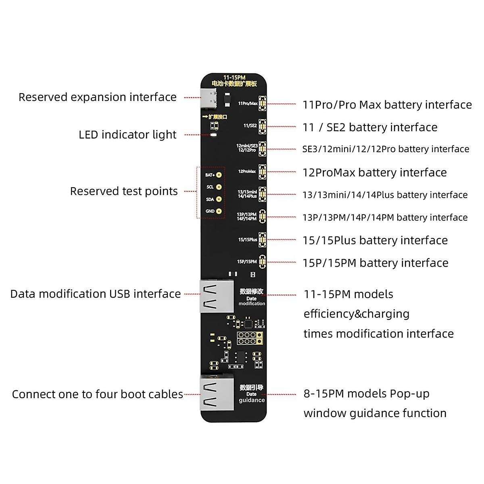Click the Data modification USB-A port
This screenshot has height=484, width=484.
click(x=217, y=296)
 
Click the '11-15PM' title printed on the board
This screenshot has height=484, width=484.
click(x=234, y=77)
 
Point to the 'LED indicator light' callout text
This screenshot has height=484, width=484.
click(x=127, y=135)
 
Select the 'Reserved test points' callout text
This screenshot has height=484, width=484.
click(x=124, y=191)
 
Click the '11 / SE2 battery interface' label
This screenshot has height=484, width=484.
click(x=370, y=127)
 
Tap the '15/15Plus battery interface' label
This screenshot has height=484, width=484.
click(x=375, y=240)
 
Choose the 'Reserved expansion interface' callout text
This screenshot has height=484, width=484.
click(x=98, y=97)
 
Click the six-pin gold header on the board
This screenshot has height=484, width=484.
click(x=246, y=338)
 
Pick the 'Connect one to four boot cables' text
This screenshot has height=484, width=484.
click(x=97, y=394)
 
